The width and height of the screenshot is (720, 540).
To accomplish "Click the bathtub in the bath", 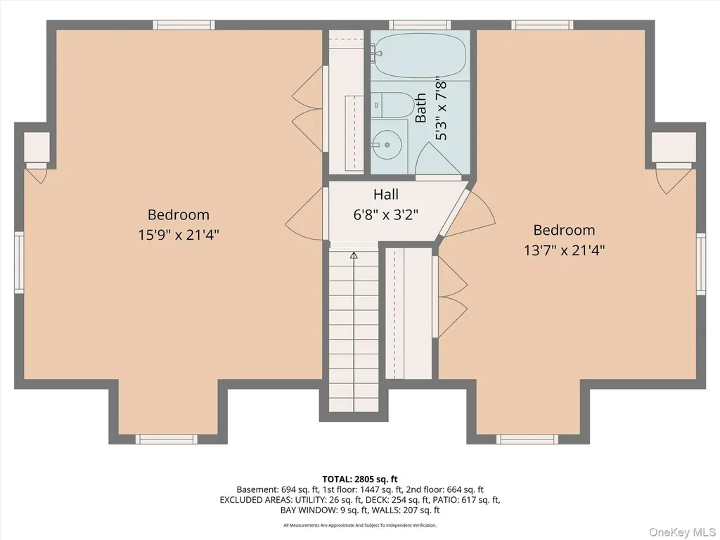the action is [418, 56].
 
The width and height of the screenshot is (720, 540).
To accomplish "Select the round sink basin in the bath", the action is [387, 145].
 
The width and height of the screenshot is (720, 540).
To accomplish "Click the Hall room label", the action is [386, 194].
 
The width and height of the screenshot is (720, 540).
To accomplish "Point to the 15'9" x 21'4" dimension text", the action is [179, 235].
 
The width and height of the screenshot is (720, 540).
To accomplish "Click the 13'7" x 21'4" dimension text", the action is [565, 250].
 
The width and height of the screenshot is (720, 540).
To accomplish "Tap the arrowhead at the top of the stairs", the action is [354, 255].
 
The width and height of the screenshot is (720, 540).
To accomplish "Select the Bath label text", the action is [420, 108].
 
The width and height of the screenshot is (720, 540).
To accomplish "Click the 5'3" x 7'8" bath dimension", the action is [441, 110].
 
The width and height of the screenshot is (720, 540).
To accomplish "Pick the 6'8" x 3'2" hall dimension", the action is [386, 214].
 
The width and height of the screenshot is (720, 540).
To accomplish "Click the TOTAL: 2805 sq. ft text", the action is [360, 480].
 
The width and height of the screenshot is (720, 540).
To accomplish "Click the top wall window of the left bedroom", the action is [184, 25].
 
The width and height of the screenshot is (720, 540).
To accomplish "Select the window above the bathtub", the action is [420, 25].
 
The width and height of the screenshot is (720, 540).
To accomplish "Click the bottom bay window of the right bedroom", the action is [527, 439].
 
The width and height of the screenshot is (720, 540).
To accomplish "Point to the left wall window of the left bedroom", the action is [19, 262].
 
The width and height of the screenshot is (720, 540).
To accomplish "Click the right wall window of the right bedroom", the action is [701, 264].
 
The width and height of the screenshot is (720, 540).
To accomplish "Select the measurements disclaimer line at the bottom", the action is [360, 525].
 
